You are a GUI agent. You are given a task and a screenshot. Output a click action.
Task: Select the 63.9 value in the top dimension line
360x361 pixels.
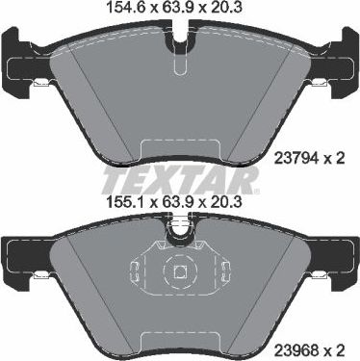click(180, 11)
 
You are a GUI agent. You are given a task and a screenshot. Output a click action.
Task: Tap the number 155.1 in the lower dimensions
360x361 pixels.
click(124, 202)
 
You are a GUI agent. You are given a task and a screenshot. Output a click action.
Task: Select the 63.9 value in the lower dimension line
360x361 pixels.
click(180, 202)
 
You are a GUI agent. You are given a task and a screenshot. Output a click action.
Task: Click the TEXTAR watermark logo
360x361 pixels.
click(180, 178)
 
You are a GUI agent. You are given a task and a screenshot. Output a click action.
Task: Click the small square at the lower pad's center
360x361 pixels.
click(180, 274)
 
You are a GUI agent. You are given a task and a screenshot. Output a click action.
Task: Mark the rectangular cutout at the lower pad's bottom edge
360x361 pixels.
click(180, 334)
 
